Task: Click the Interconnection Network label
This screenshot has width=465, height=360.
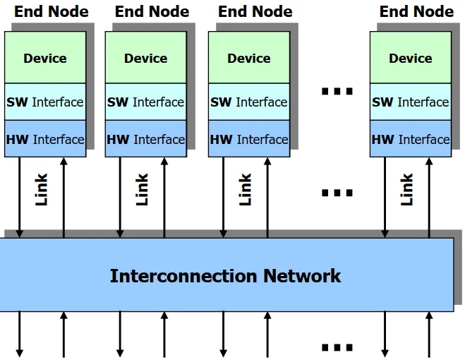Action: click(x=225, y=275)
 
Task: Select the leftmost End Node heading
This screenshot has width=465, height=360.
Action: click(x=52, y=11)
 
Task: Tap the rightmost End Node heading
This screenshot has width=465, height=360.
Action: click(x=416, y=11)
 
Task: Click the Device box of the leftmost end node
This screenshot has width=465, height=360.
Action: click(x=45, y=58)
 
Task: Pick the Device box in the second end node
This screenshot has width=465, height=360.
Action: click(x=145, y=58)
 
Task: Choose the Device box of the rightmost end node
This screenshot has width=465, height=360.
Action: click(x=410, y=58)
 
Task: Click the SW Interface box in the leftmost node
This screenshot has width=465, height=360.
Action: click(x=45, y=102)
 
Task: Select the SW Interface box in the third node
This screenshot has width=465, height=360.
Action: click(x=248, y=102)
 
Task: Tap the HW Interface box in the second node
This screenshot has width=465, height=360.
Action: click(x=145, y=139)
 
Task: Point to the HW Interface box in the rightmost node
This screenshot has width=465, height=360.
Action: click(x=410, y=139)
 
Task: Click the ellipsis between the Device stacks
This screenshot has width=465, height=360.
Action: click(x=337, y=91)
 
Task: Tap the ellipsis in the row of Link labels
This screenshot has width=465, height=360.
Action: click(x=337, y=192)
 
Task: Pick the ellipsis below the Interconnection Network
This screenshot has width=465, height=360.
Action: click(x=337, y=347)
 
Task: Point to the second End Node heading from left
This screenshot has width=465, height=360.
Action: click(x=152, y=11)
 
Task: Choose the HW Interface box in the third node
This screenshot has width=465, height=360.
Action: click(x=248, y=139)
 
